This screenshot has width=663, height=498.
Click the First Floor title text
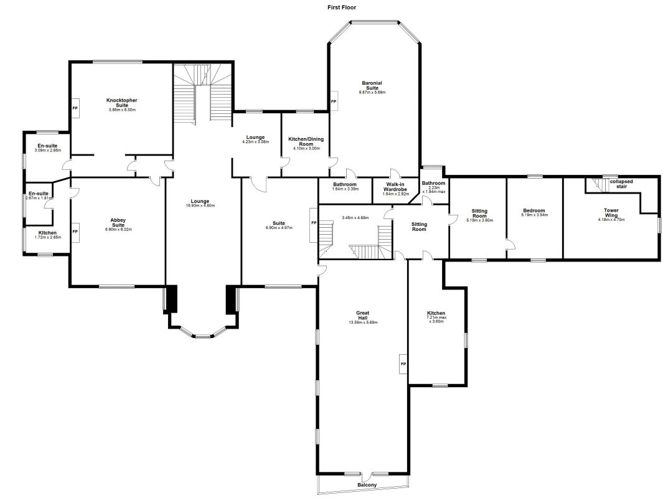coord(342,7)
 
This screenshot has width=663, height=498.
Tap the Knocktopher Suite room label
coord(122,103)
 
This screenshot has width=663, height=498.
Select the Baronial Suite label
coord(372,85)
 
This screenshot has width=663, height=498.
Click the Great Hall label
coord(363,315)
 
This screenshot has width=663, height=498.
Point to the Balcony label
coord(367,485)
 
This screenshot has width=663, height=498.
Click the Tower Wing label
coord(611,213)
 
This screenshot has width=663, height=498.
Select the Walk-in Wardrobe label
coord(396,186)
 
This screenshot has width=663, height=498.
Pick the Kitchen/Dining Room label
coord(306,141)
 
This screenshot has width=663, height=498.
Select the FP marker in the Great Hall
coord(403,364)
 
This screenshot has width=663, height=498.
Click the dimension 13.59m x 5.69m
coord(363,322)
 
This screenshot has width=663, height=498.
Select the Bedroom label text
coord(534,210)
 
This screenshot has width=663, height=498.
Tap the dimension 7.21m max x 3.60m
coord(436,319)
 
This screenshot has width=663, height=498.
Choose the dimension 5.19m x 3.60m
coord(479,220)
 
